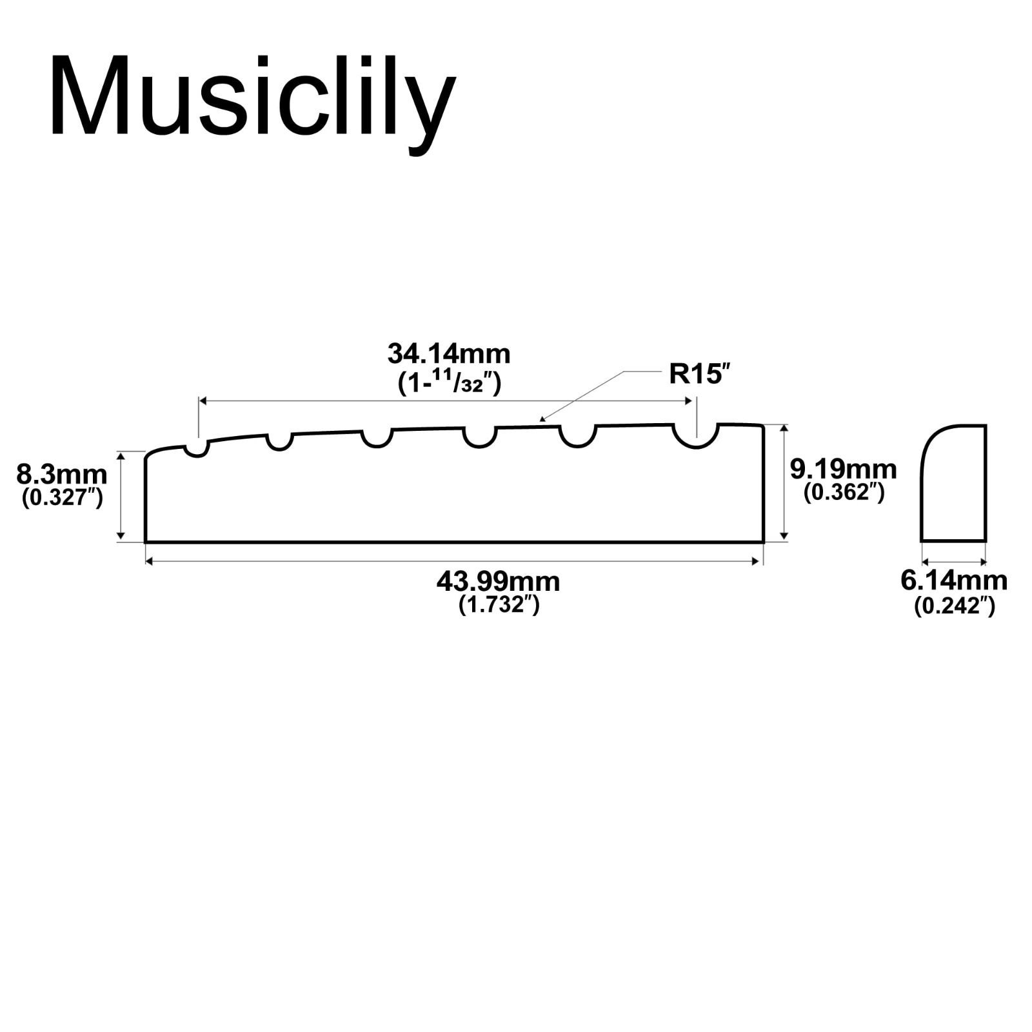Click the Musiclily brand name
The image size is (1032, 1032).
(252, 104)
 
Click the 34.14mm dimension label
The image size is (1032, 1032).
(449, 354)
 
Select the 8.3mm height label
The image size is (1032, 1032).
(62, 475)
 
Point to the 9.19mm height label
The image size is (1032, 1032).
(844, 469)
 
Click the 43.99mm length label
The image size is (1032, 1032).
(499, 582)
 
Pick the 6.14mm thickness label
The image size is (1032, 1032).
(954, 580)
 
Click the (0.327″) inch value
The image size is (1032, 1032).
(62, 497)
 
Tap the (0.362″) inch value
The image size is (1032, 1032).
(844, 492)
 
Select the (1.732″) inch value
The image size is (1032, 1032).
(499, 605)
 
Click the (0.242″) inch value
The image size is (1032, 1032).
(954, 606)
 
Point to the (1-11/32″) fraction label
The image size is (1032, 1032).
(449, 382)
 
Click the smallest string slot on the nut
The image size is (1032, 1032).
(197, 449)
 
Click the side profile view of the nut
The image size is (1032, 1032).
(953, 483)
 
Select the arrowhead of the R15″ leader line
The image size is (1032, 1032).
(542, 419)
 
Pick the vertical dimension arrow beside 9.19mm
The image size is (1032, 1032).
(784, 482)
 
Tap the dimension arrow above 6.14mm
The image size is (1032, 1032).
(953, 562)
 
